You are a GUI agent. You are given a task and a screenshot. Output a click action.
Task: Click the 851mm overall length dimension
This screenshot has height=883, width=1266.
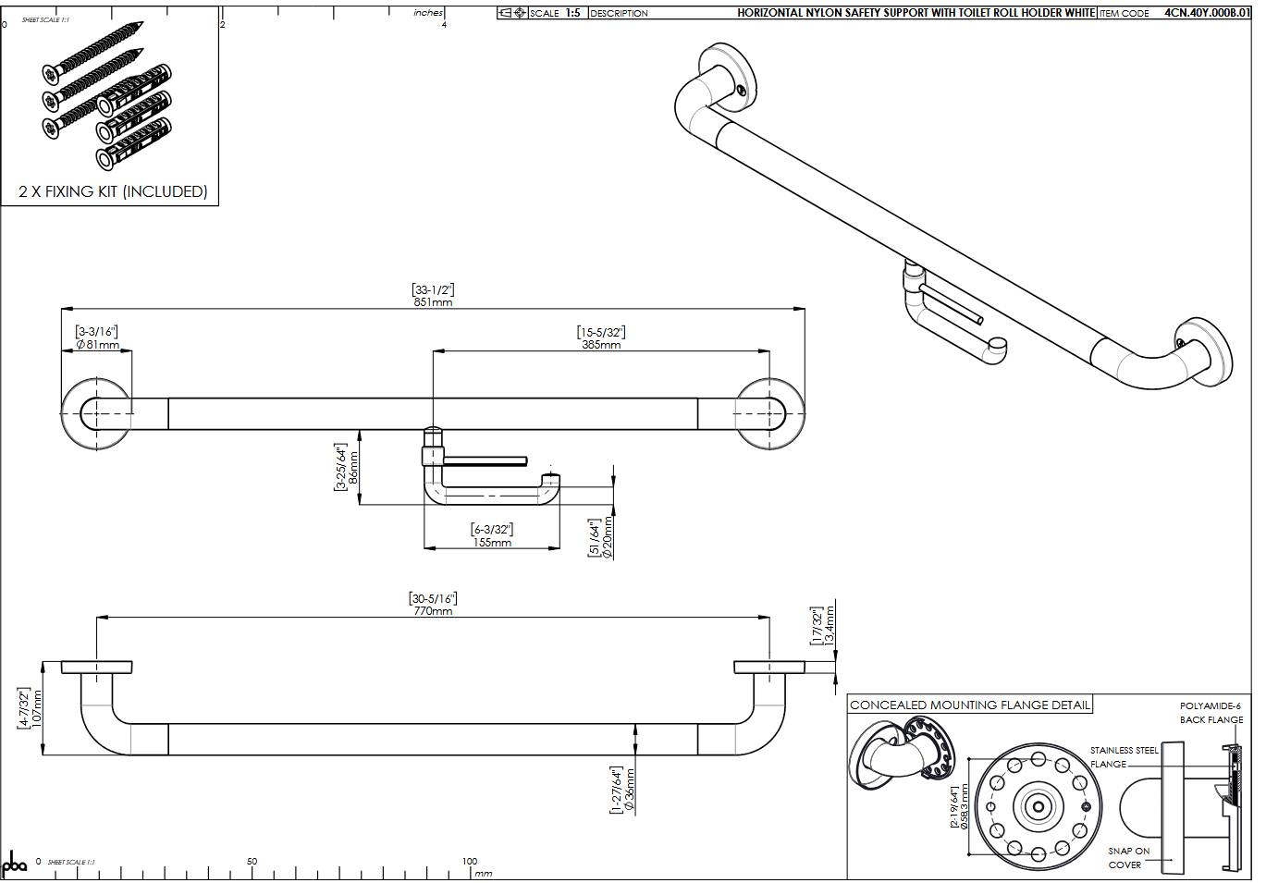click(x=433, y=302)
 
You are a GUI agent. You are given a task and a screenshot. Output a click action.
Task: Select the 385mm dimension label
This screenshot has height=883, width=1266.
click(x=601, y=345)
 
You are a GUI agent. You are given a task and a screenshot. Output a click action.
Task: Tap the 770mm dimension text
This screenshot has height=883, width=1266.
click(x=433, y=611)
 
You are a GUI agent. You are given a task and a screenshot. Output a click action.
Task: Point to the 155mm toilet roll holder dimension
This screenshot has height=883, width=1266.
click(x=492, y=543)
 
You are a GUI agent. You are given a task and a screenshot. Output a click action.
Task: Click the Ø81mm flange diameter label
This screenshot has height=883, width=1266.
click(x=98, y=345)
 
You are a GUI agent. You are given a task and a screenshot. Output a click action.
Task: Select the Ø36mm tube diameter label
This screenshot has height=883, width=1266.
click(x=630, y=789)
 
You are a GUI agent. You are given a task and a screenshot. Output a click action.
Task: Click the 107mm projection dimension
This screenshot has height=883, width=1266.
click(x=38, y=708)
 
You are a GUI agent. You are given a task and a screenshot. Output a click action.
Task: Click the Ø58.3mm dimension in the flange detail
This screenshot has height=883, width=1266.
click(x=965, y=807)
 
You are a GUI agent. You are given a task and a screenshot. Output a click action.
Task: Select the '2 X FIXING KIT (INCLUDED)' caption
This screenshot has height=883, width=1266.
click(x=113, y=191)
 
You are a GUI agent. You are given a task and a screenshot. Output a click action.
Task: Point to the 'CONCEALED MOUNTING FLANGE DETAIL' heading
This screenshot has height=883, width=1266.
click(x=970, y=705)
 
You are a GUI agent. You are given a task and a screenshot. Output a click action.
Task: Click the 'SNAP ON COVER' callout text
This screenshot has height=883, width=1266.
click(x=1129, y=857)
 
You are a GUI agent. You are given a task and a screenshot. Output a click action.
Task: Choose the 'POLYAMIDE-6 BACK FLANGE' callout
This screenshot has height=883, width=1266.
click(x=1211, y=712)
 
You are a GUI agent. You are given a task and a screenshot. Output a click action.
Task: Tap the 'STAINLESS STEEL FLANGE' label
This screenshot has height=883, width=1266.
click(x=1123, y=757)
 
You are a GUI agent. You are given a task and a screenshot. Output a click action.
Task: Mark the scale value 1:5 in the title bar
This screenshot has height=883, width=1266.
click(x=573, y=13)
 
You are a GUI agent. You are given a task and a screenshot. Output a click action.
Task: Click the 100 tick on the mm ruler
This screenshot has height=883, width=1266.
click(x=470, y=861)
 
